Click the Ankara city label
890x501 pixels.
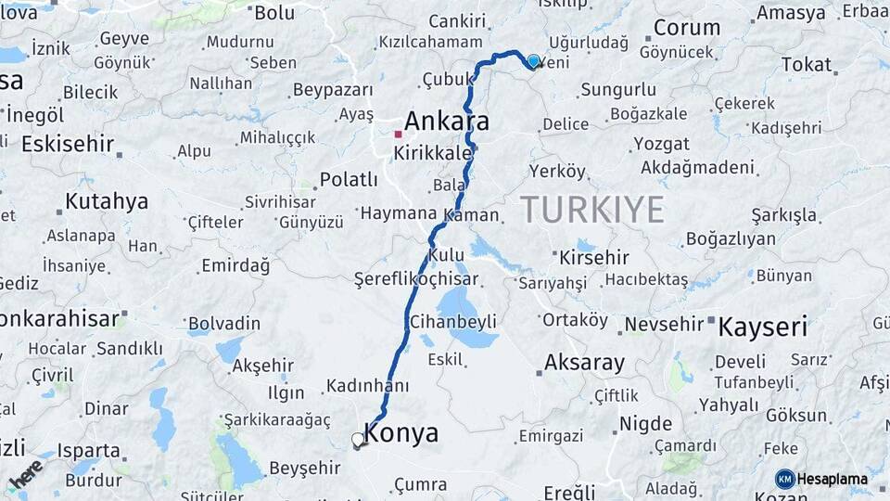pos(447,122)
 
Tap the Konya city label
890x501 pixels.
pos(401,433)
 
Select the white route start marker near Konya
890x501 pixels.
pos(358,440)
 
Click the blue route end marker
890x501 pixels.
pos(533,62)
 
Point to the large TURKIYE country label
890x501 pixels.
pos(591,209)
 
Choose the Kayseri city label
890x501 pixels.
pos(763,327)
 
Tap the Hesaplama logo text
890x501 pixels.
pos(833,480)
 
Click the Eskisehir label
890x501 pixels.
pos(68,144)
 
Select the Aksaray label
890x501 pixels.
pos(584,363)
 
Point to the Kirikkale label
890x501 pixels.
pos(433,152)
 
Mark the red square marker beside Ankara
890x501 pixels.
pos(398,134)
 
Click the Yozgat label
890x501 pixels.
pos(661,144)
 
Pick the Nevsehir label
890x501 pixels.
pos(664,324)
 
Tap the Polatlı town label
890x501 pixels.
pos(349,179)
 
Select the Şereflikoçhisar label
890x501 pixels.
pos(416,278)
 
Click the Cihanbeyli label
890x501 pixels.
pos(453,321)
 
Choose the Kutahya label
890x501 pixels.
pos(107,201)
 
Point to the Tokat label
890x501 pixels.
pos(807,64)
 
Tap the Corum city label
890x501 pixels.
pos(687,28)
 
